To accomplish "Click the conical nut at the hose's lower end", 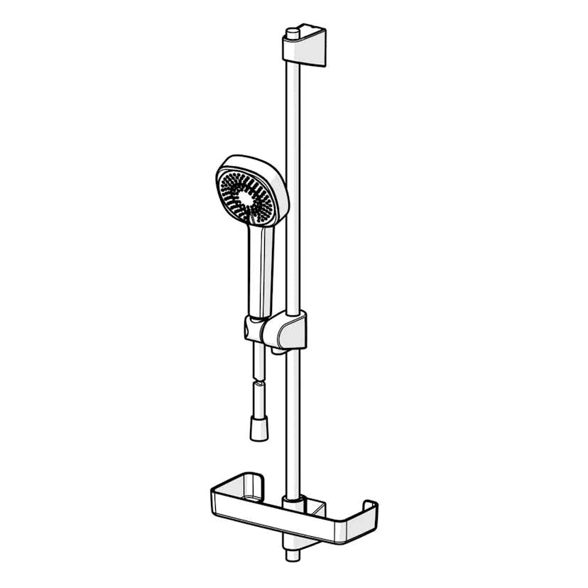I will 259,430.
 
